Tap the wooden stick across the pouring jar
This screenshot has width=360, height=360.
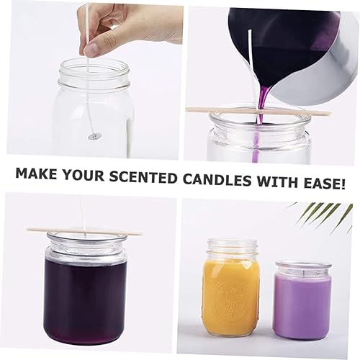tap(258, 111)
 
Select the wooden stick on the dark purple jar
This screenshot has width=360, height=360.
tap(85, 231)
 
